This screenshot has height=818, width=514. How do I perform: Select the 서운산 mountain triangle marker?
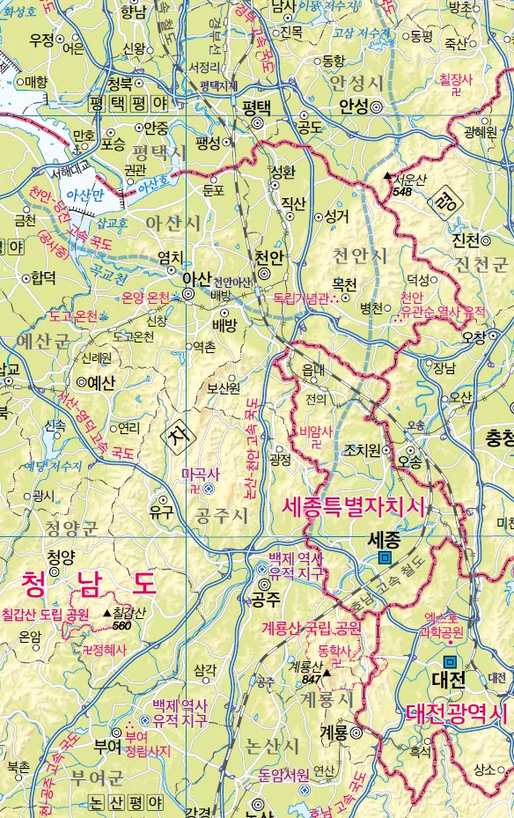[386, 176]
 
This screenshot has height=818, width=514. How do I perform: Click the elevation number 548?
[402, 191]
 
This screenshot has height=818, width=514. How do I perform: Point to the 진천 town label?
[465, 240]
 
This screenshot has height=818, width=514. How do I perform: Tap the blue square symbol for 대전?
[450, 660]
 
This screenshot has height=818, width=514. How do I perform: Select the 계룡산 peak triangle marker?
[327, 673]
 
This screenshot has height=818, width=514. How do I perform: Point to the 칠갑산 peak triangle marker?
[107, 613]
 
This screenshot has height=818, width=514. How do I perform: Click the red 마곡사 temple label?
[198, 474]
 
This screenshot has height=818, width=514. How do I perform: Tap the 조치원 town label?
[361, 449]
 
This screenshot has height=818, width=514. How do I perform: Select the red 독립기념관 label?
[300, 298]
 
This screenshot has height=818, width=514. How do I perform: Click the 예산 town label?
[101, 382]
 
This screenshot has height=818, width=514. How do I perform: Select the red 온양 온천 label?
[145, 298]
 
